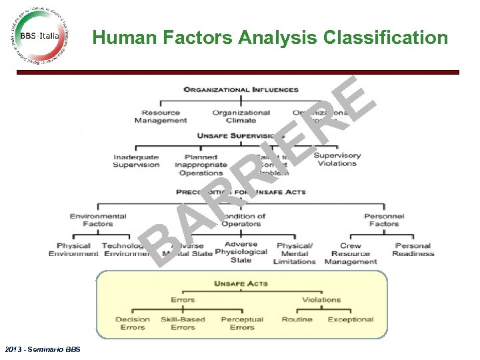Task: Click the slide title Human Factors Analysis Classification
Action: coord(270,38)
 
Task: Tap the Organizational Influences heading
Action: coord(241,89)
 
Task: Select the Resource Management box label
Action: coord(161,117)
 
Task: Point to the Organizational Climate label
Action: coord(241,117)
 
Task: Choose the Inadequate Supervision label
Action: coord(136,161)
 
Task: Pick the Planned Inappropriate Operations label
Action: coord(201,165)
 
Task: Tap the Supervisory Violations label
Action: coord(337,159)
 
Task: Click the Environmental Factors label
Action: coord(98,220)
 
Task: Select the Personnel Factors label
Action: coord(384,220)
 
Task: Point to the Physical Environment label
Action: coord(73,250)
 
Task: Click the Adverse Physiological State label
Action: coord(241,252)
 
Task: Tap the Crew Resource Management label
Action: coord(350,254)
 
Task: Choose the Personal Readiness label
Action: coord(413,250)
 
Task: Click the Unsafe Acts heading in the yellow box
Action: coord(241,284)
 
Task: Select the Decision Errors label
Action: coord(133,323)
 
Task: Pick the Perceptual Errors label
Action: coord(242,323)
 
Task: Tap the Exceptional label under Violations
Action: coord(350,320)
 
